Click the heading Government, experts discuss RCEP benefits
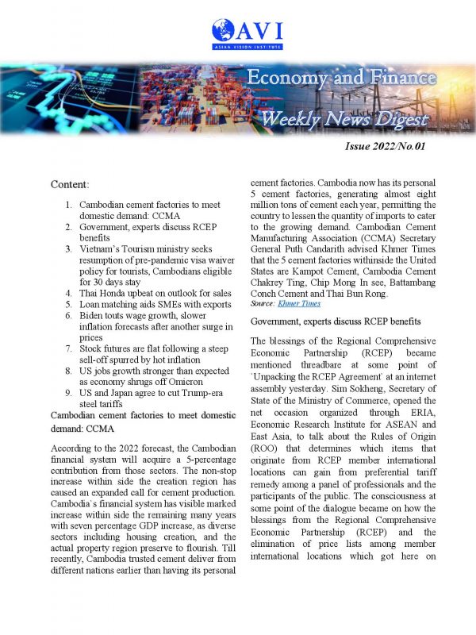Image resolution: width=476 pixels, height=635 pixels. pos(335,321)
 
